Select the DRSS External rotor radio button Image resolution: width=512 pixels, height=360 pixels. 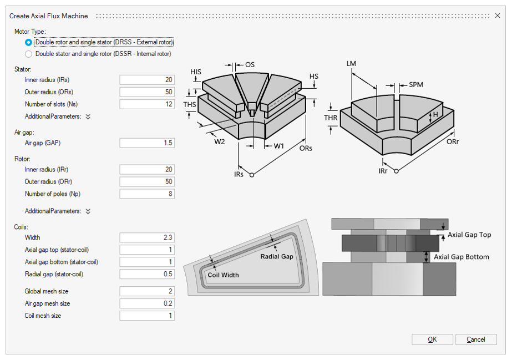coord(29,42)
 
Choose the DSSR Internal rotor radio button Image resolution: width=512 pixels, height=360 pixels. coord(29,54)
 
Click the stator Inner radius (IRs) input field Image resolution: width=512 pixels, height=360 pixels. coord(147,80)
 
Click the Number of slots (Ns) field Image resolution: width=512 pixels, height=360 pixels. coord(147,104)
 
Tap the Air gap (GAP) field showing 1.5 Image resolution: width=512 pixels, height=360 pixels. coord(147,143)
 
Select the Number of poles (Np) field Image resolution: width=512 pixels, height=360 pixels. coord(147,194)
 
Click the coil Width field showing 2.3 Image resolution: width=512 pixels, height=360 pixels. coord(147,237)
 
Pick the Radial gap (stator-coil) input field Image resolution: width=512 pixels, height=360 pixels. coord(147,274)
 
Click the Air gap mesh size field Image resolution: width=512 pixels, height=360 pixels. coord(147,303)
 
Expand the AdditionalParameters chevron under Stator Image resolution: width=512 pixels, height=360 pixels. coord(88,117)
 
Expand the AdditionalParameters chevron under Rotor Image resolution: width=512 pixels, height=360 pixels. coord(88,211)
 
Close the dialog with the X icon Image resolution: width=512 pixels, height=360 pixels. coord(498,16)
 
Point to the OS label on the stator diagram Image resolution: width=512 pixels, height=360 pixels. coord(250,65)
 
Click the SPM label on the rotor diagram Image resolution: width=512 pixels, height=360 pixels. coord(416,85)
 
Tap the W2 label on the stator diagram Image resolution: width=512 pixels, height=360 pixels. coord(220,141)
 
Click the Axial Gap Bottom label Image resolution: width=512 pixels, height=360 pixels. coord(461,257)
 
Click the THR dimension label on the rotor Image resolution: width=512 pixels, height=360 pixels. coord(331,118)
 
